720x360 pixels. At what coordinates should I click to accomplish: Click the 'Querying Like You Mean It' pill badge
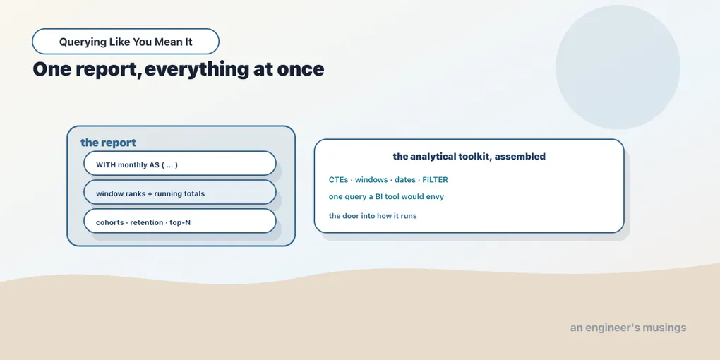(x=126, y=42)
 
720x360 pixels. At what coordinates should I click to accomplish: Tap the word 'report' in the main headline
(x=106, y=69)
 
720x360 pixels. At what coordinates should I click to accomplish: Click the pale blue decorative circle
(x=618, y=67)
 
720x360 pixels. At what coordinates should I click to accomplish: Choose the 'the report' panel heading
(x=109, y=143)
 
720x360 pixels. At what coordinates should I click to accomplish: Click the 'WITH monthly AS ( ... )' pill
(x=180, y=163)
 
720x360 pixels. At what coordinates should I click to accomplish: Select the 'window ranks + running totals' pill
(x=180, y=192)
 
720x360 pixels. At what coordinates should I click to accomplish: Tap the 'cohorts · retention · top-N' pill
(x=180, y=221)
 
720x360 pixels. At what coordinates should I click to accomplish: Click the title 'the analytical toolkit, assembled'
(x=469, y=156)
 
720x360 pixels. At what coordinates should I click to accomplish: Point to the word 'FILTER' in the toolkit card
(x=435, y=179)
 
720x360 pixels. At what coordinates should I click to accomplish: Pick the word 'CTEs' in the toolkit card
(x=338, y=179)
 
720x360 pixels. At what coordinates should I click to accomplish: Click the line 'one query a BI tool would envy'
(x=386, y=196)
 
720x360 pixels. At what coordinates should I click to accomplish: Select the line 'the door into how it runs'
(x=373, y=216)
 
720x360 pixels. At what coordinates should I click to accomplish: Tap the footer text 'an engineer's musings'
(x=628, y=328)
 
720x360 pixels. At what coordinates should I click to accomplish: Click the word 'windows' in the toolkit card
(x=371, y=179)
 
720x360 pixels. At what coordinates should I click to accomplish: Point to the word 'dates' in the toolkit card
(x=405, y=179)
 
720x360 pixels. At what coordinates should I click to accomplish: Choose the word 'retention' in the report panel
(x=147, y=222)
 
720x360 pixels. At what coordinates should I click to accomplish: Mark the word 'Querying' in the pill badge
(x=83, y=42)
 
